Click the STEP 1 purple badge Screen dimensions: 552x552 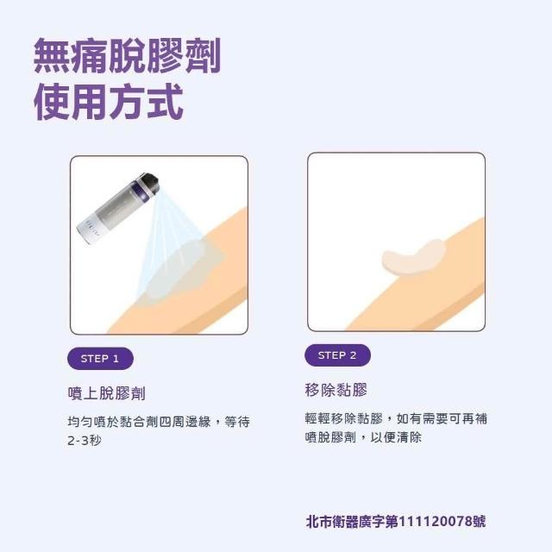100,359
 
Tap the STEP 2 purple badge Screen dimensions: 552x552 337,355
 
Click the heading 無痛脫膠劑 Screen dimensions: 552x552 127,55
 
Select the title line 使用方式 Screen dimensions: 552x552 109,102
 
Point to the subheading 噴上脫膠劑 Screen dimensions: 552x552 106,393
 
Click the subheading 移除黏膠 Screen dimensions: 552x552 336,390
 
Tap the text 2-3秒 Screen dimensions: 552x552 85,441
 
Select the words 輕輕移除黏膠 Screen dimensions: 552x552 343,418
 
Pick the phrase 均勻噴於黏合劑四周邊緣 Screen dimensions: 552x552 139,422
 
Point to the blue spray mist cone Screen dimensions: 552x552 169,243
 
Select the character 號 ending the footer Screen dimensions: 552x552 479,522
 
